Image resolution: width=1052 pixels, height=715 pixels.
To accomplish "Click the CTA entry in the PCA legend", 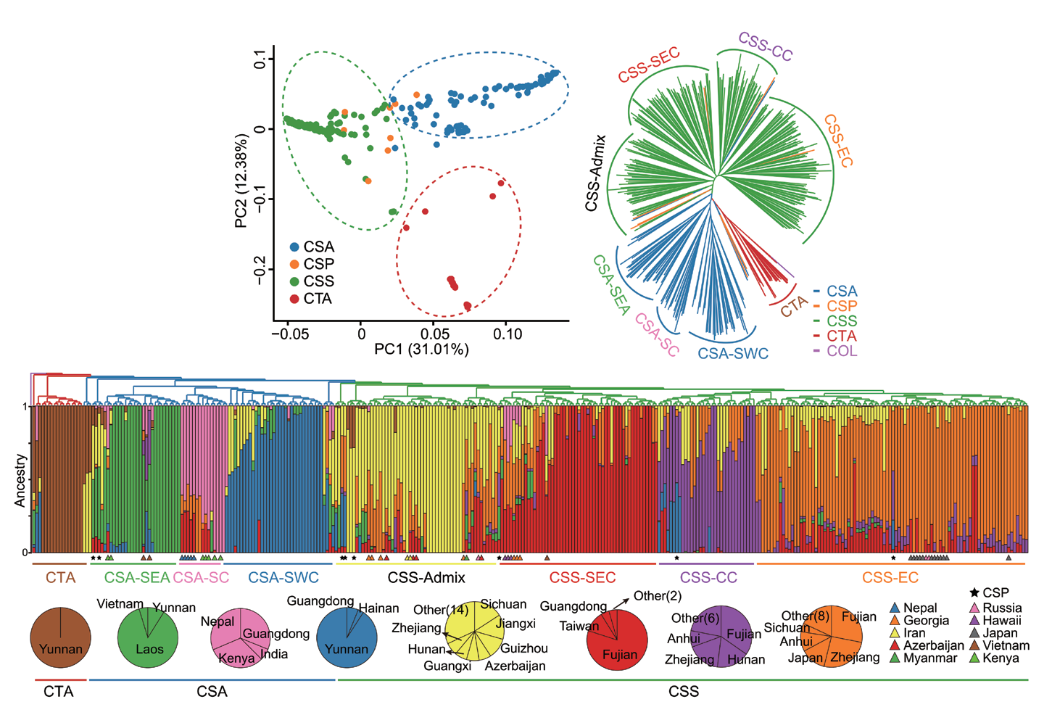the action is (311, 298).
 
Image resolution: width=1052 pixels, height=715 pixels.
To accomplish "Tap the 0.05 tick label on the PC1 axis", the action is (434, 334).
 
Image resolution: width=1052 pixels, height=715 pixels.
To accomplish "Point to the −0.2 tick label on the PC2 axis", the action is (260, 270).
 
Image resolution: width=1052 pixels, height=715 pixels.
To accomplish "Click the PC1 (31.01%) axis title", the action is (421, 349).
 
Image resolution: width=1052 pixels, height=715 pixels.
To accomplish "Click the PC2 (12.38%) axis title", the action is (241, 181).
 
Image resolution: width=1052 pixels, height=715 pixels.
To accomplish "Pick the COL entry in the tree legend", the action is (836, 351).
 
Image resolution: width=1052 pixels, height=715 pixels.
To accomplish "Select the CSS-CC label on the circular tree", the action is (766, 46).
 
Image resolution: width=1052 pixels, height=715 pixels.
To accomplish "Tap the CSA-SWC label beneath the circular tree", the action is (733, 353).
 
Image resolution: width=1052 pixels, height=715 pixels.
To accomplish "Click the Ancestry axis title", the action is (20, 480).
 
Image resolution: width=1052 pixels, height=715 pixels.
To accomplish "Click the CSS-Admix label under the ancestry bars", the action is (426, 577).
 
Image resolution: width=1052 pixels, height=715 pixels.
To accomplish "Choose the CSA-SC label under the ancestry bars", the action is (201, 577).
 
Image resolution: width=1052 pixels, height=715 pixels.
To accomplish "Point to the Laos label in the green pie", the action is (149, 649).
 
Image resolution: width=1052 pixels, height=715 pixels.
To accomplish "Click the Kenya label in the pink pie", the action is (236, 658).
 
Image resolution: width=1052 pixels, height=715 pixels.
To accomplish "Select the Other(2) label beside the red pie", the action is (658, 595).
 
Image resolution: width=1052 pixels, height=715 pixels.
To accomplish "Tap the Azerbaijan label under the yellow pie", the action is (515, 666).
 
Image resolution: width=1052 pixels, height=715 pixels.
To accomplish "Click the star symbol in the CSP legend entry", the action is (974, 592).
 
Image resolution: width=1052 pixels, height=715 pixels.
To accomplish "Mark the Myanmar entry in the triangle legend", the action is (924, 658).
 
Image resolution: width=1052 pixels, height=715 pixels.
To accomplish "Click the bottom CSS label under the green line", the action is (684, 692).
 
